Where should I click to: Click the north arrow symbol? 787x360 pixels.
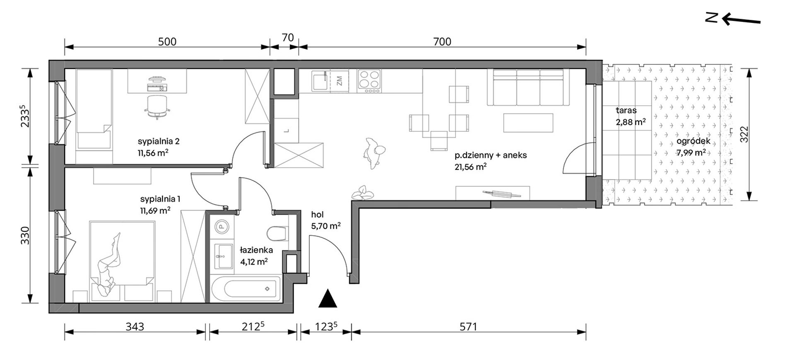733,18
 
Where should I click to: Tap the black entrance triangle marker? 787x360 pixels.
328,299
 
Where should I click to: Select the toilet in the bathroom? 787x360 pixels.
277,234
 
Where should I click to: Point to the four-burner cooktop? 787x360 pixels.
369,81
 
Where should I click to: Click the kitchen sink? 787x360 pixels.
320,81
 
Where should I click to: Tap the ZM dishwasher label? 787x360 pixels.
340,81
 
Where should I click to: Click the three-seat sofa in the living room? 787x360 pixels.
528,87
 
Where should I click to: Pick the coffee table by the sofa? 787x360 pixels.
529,123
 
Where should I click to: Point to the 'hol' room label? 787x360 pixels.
317,215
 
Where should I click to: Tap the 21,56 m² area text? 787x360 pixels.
470,167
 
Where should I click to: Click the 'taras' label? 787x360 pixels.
626,111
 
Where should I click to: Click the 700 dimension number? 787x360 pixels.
442,41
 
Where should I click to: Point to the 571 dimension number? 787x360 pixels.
468,327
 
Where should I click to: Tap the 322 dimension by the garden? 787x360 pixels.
745,134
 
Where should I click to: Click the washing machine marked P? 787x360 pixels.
222,227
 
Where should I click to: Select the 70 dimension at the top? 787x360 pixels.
288,38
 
